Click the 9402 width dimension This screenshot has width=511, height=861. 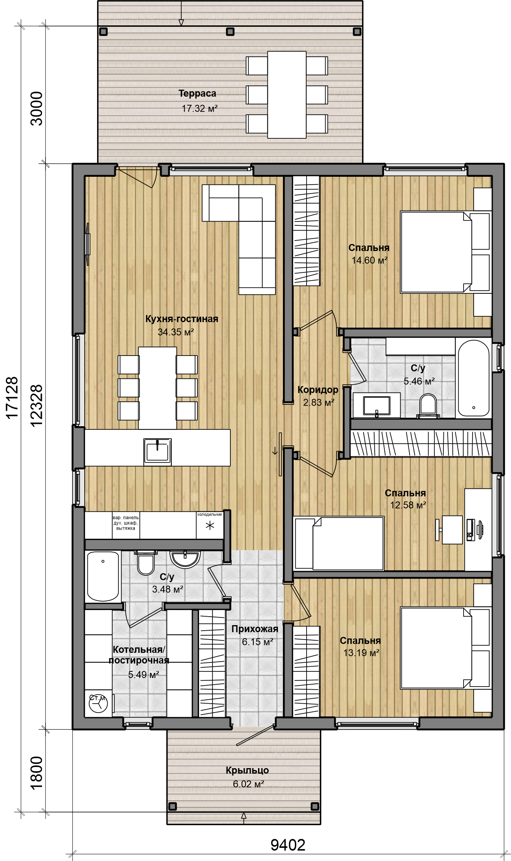tap(288, 845)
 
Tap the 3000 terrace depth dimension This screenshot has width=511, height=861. tap(37, 108)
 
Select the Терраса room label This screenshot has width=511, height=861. tap(197, 93)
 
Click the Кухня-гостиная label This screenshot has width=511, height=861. tap(182, 319)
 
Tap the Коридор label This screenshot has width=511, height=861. tap(318, 390)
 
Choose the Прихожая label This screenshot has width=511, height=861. tap(255, 629)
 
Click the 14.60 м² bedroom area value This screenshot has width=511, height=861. tap(370, 260)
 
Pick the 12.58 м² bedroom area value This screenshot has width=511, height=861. tap(408, 505)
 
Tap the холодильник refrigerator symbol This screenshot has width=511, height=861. tap(210, 525)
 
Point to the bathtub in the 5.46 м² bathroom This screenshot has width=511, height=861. tap(474, 378)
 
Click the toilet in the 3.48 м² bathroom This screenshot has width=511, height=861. tap(146, 563)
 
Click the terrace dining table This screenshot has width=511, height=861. tap(287, 95)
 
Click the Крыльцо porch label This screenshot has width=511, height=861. tap(248, 770)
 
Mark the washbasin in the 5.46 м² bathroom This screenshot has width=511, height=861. tap(377, 405)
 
